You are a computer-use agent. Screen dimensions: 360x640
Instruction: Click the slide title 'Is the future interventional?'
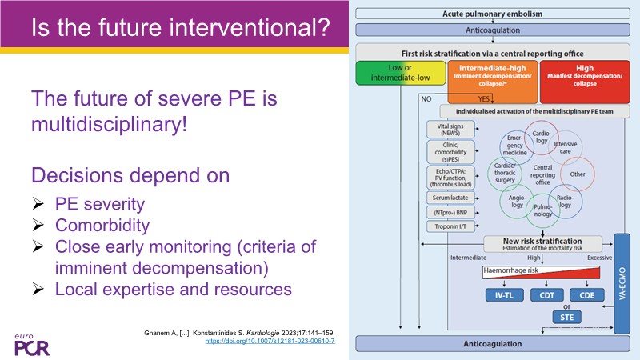tap(181, 30)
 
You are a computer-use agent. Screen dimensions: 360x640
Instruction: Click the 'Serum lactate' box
tap(450, 197)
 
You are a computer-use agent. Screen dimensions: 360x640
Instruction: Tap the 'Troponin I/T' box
tap(450, 227)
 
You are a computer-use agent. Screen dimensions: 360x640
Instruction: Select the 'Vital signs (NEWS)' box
tap(450, 130)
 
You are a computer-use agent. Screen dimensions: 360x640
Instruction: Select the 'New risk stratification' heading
tap(543, 242)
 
